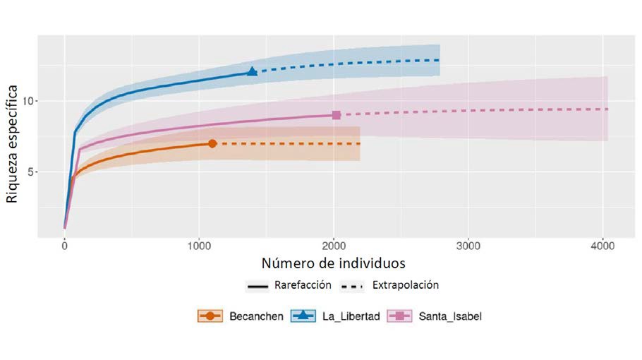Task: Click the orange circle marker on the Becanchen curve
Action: click(212, 143)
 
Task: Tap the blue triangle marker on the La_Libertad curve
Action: click(252, 72)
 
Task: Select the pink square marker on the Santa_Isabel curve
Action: click(336, 115)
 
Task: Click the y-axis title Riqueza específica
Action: click(12, 143)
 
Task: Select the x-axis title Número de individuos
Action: click(334, 264)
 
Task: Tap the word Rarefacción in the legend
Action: click(304, 286)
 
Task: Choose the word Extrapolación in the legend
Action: click(405, 286)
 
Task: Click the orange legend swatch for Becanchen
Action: click(210, 316)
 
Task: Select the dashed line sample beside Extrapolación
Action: click(353, 287)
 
